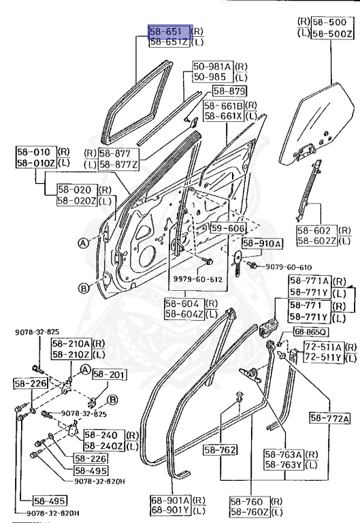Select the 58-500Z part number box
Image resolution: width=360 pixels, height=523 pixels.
(333, 33)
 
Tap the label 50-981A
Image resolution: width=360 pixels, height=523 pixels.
(212, 66)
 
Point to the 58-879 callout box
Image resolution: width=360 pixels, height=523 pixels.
(229, 91)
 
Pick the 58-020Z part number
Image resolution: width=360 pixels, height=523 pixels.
(77, 201)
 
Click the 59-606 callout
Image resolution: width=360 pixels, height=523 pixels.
(227, 228)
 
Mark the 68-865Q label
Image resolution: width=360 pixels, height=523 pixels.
(310, 332)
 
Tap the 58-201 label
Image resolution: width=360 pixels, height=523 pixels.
(106, 374)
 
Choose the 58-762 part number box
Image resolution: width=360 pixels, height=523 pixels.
(220, 449)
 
